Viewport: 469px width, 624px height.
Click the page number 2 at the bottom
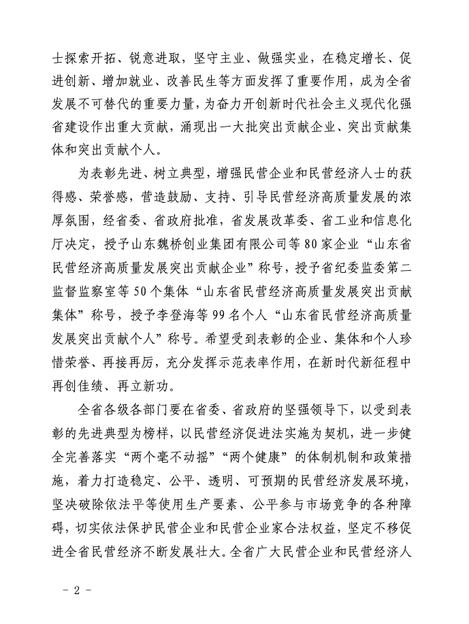pyautogui.click(x=77, y=589)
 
